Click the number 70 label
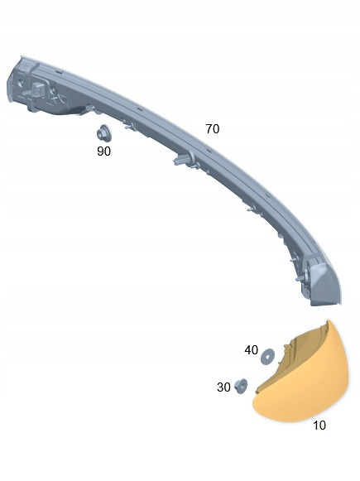tap(213, 129)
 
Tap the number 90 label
tap(103, 152)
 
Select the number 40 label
tap(251, 350)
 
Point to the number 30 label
tap(223, 387)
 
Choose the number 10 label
tap(319, 426)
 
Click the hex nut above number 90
tap(103, 134)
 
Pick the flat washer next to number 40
tap(267, 357)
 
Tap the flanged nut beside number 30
tap(241, 386)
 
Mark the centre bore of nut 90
tap(102, 134)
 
